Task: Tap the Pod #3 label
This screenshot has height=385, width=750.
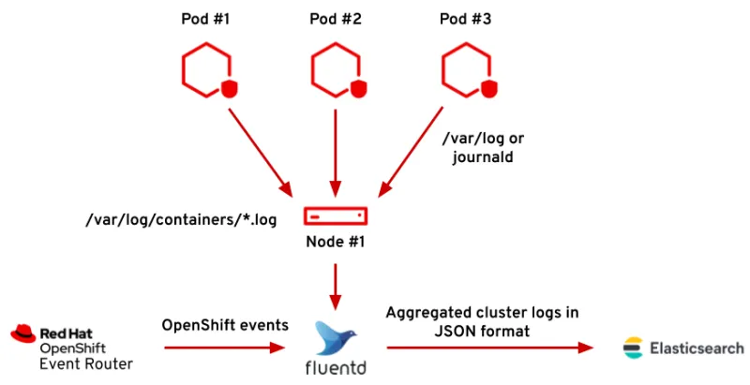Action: click(466, 19)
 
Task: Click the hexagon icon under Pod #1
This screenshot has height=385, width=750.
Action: click(202, 71)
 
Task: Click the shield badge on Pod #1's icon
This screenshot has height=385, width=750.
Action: click(228, 89)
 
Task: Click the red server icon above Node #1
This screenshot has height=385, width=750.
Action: click(335, 215)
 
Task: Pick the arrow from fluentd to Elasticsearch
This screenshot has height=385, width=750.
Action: click(487, 348)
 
